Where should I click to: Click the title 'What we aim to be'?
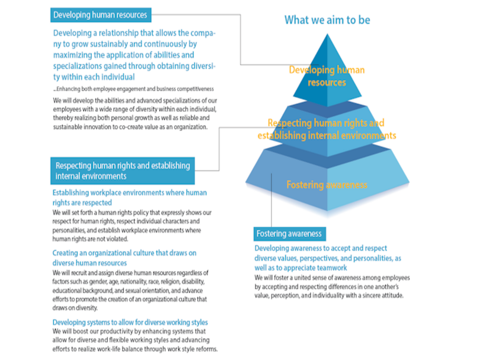coord(327,20)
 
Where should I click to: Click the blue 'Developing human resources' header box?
coord(101,15)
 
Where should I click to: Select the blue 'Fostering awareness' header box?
coord(289,234)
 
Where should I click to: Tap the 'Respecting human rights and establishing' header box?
coord(123,170)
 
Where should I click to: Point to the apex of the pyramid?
coord(327,34)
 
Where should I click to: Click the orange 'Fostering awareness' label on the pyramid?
coord(327,185)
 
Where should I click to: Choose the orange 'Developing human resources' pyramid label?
coord(327,76)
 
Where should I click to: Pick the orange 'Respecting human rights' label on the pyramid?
coord(327,129)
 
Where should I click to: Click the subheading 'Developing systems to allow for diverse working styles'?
coord(130,322)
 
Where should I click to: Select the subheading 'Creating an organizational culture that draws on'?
coord(124,253)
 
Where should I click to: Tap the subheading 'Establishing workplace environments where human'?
coord(130,192)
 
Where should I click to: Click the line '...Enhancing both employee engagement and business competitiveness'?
coord(133,89)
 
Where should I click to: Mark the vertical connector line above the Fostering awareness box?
coord(272,200)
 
